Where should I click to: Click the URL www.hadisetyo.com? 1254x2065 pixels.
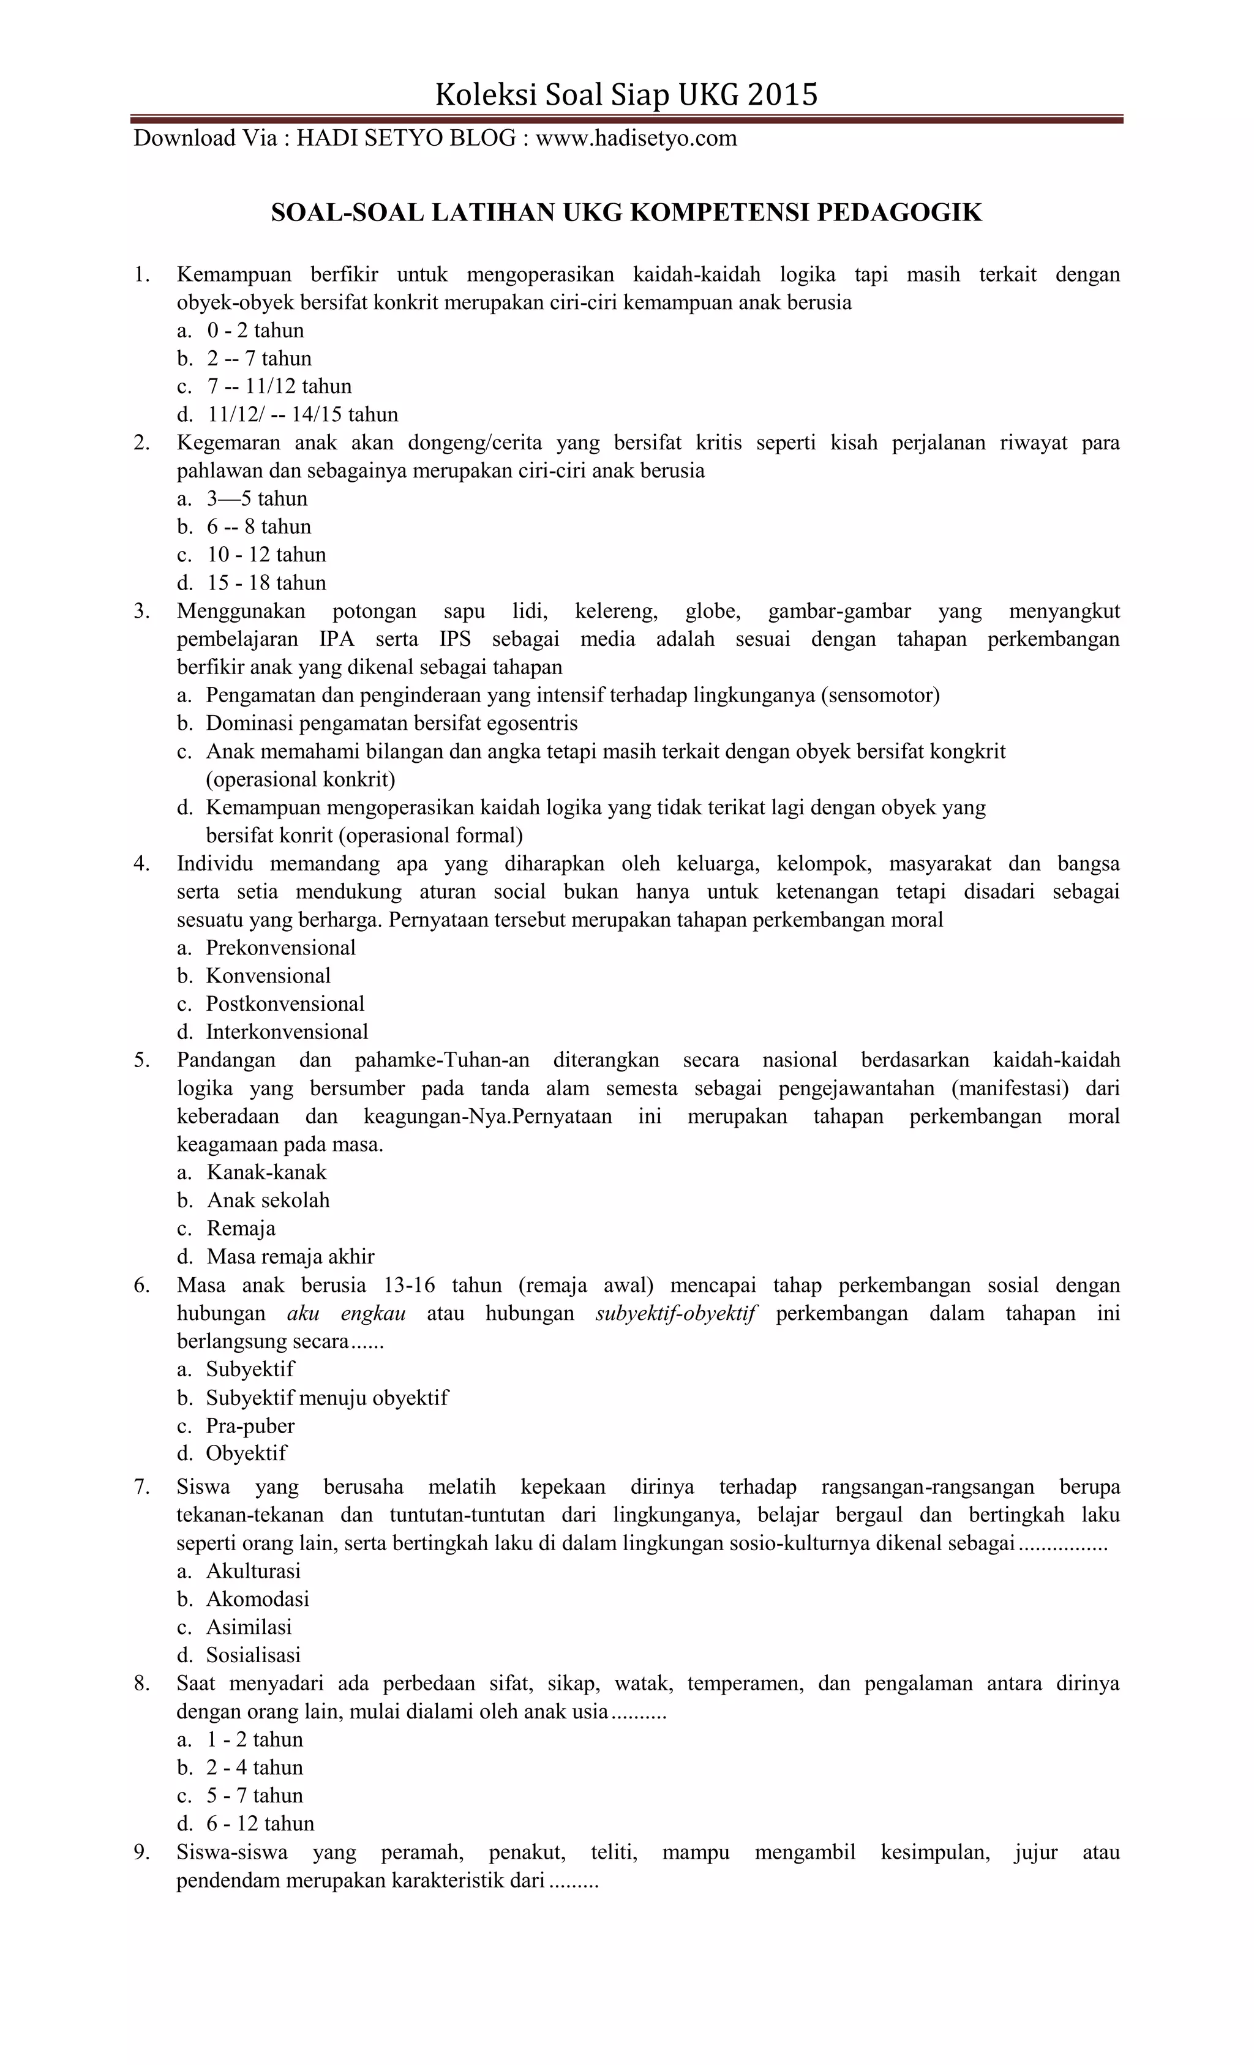tap(636, 138)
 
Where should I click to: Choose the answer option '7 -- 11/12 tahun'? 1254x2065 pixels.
tap(279, 386)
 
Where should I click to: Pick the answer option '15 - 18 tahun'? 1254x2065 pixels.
tap(266, 583)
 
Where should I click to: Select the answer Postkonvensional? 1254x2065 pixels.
tap(285, 1004)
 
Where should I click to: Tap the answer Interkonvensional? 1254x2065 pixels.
tap(287, 1032)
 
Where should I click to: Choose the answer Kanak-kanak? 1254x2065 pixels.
tap(266, 1172)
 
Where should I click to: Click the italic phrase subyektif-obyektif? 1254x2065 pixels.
tap(675, 1313)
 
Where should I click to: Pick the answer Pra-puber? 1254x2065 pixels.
tap(250, 1426)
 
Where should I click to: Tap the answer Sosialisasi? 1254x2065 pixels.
tap(253, 1655)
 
